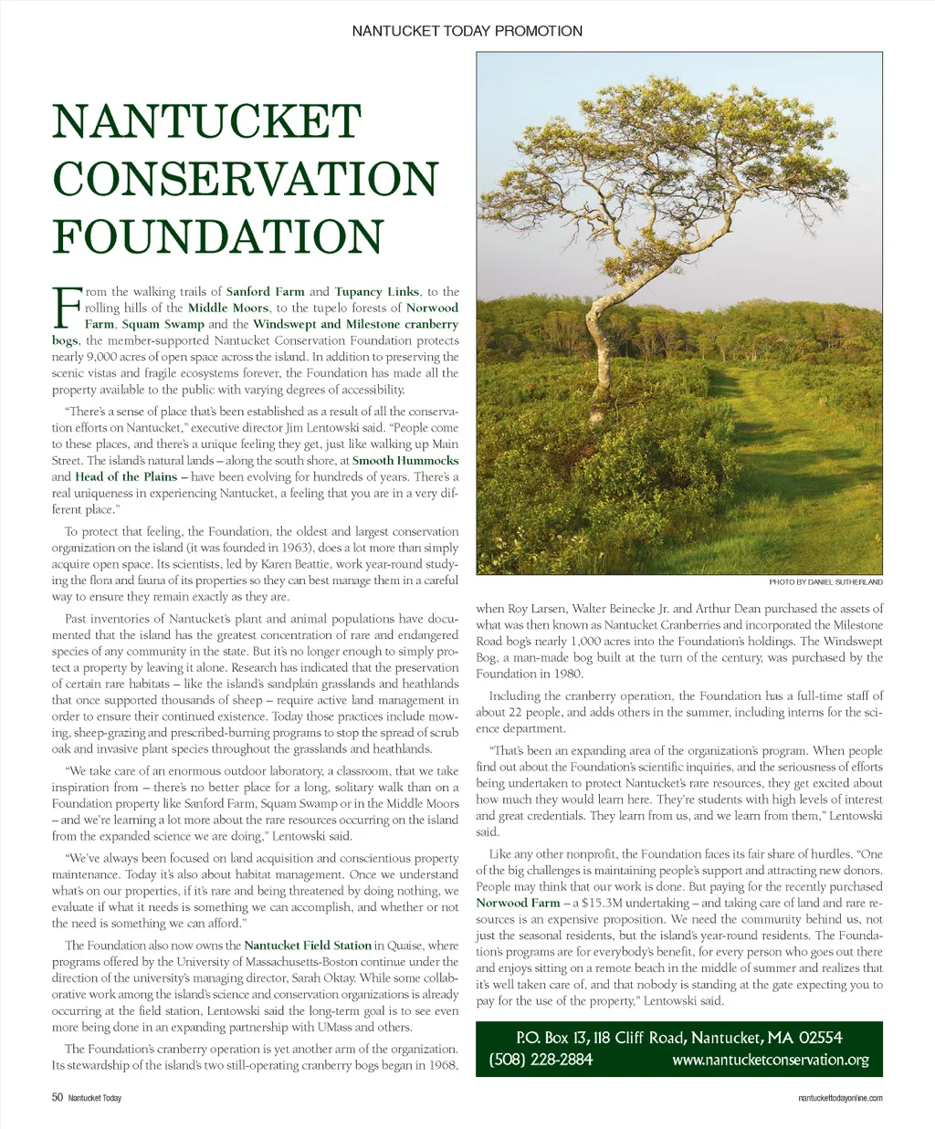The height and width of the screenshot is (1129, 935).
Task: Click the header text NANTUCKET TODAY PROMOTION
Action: click(467, 31)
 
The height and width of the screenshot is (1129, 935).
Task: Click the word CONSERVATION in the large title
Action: click(246, 179)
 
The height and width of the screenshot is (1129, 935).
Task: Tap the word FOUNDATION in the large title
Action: click(217, 235)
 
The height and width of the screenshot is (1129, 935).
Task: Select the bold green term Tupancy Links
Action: click(377, 292)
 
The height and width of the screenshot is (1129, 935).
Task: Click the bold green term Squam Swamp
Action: click(163, 324)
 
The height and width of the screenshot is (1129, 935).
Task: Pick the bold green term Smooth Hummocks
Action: click(405, 461)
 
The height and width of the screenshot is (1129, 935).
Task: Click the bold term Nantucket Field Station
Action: click(308, 946)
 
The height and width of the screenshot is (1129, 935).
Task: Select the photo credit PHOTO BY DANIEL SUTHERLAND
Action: click(825, 582)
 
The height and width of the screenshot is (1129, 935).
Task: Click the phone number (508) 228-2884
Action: click(541, 1060)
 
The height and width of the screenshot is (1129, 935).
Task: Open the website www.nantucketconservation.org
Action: click(770, 1061)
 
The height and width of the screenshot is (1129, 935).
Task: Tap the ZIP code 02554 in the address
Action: click(820, 1038)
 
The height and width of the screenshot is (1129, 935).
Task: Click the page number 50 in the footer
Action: click(57, 1098)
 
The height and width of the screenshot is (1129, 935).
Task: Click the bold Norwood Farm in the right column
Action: click(518, 903)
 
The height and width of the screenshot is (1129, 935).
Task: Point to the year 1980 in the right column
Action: click(566, 674)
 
